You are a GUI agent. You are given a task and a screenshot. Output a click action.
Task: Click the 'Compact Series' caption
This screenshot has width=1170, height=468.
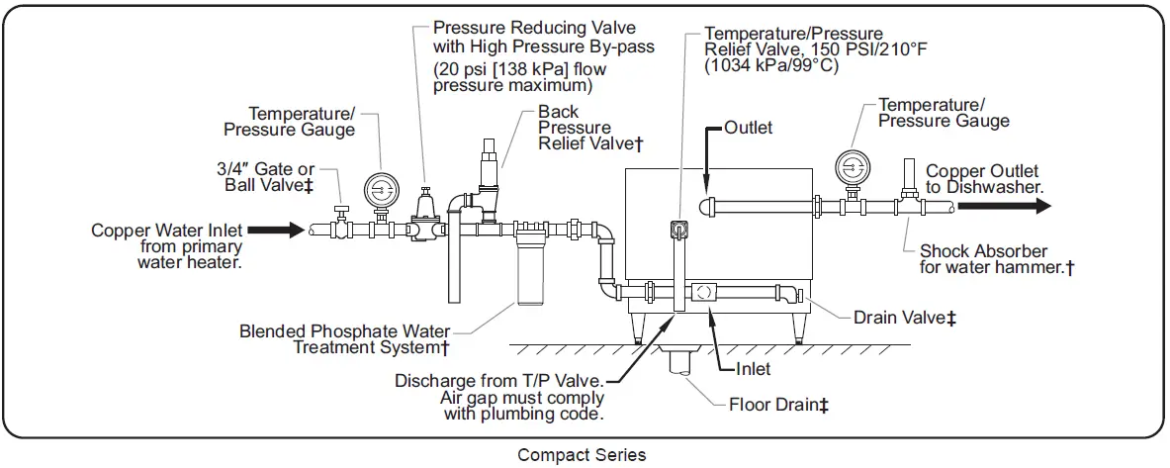tap(582, 455)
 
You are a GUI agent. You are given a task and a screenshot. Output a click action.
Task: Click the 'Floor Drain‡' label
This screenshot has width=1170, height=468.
tap(778, 404)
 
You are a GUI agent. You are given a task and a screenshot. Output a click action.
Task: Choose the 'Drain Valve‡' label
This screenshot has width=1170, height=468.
tap(904, 318)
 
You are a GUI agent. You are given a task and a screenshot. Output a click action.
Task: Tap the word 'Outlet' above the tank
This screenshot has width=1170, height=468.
tap(748, 128)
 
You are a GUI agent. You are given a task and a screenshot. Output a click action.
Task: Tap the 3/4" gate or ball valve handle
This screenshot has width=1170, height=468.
tap(340, 211)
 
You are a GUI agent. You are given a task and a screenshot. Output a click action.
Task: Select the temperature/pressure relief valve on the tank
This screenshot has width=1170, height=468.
tap(679, 230)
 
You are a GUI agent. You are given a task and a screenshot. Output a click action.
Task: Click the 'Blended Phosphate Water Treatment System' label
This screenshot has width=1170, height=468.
tap(345, 339)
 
